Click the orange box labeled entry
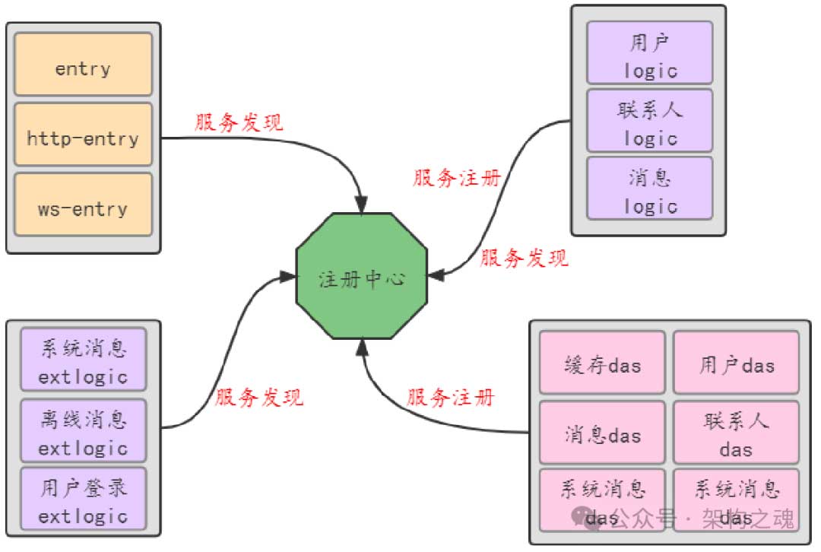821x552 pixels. click(x=83, y=68)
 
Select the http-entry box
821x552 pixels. click(x=83, y=138)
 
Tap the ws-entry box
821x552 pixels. click(x=83, y=208)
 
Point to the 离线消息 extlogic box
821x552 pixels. click(x=83, y=430)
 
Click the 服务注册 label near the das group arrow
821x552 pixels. click(x=451, y=397)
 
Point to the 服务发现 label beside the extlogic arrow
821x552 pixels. click(x=259, y=397)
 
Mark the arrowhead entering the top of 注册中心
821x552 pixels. click(x=360, y=204)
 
